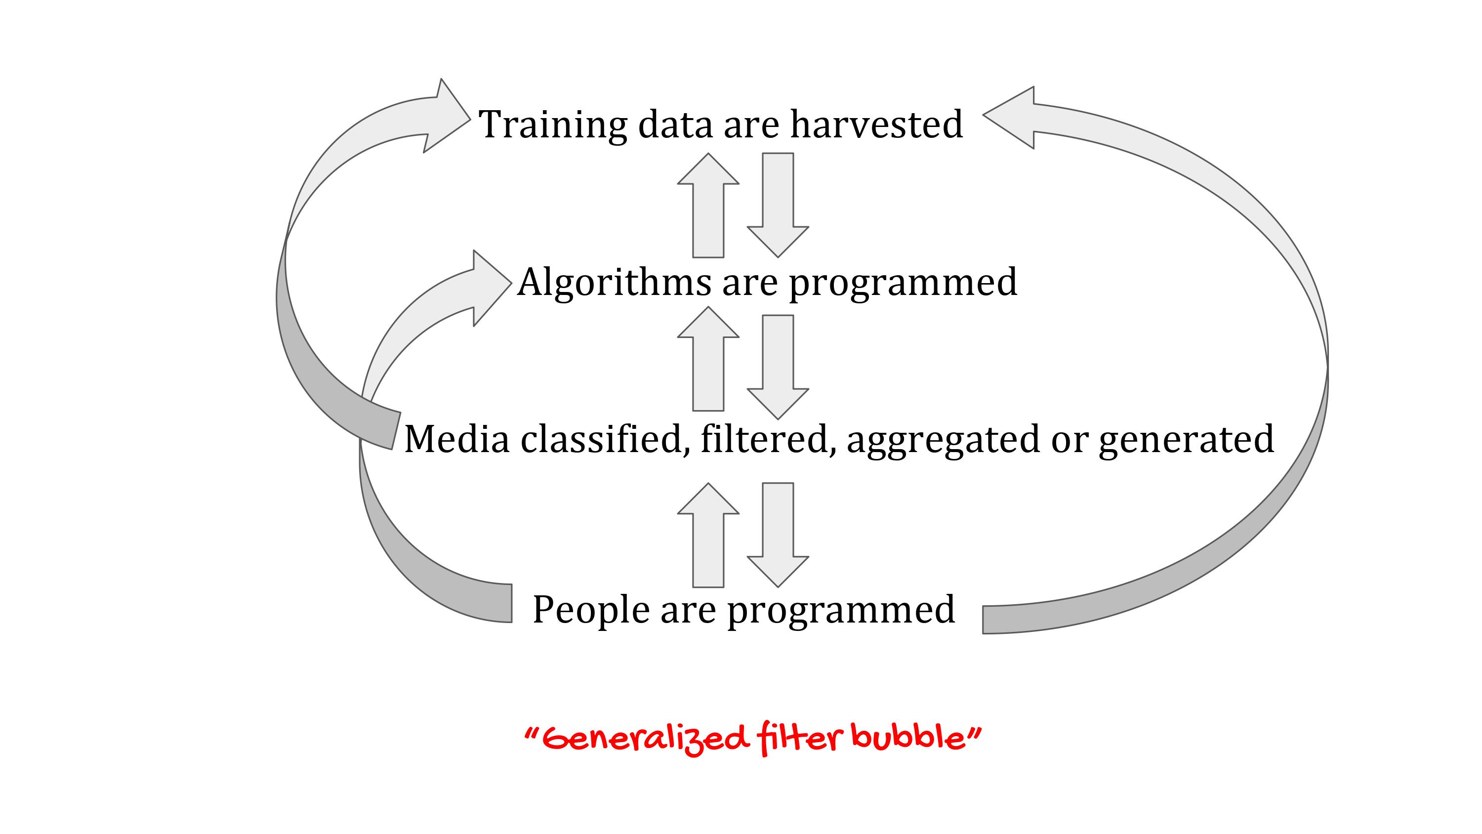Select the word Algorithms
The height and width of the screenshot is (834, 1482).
tap(615, 283)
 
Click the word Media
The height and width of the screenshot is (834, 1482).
tap(457, 439)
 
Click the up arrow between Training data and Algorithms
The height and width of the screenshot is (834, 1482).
tap(708, 205)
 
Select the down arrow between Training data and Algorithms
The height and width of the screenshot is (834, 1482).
tap(778, 205)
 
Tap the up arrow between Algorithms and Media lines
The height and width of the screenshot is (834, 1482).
tap(708, 359)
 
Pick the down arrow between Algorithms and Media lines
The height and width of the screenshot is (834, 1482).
tap(778, 367)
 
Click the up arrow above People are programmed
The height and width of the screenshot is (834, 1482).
tap(708, 535)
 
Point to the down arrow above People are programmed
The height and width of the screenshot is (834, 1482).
tap(778, 535)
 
